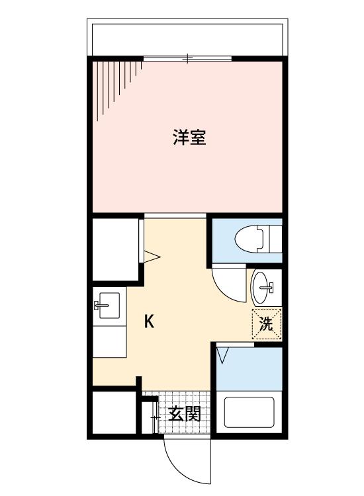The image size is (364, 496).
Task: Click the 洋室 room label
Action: click(189, 138)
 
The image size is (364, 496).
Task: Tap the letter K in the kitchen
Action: click(150, 322)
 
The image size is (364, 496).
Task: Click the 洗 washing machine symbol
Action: click(266, 324)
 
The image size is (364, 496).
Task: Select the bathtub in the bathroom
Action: click(249, 411)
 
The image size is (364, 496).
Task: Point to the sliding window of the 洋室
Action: click(188, 60)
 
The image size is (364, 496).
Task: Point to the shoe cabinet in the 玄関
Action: click(150, 415)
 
